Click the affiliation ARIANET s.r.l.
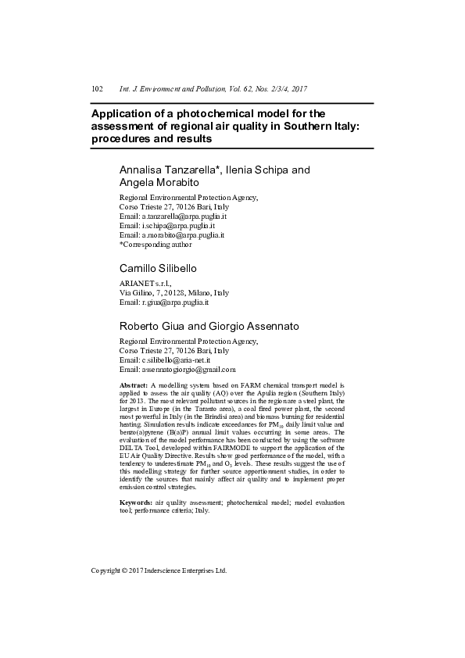coord(145,284)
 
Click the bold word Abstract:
coord(134,386)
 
